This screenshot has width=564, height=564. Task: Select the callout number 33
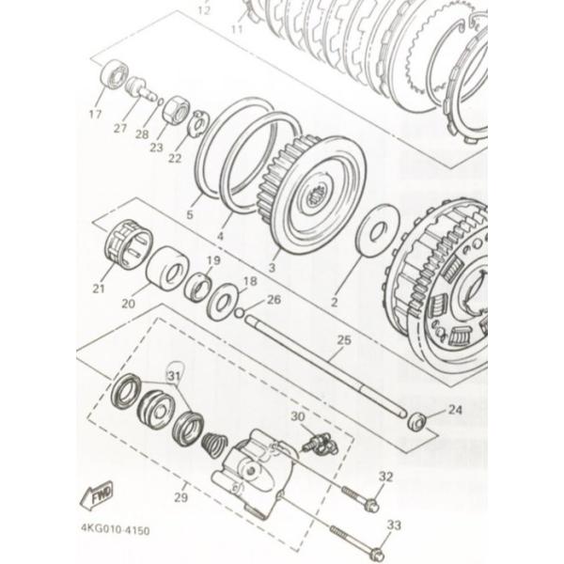pos(393,525)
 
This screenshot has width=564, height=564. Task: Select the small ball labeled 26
pos(240,311)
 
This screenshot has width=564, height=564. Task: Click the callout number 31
pos(173,376)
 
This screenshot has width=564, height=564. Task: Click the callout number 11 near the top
pos(236,29)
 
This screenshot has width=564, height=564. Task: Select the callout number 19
pos(213,260)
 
